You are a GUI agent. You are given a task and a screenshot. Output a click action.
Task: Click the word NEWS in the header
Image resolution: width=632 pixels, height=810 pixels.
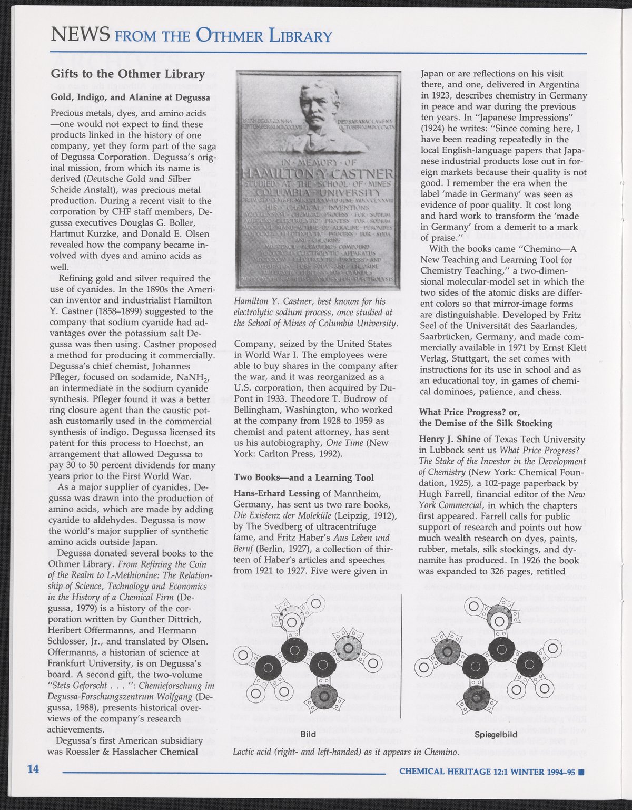click(80, 35)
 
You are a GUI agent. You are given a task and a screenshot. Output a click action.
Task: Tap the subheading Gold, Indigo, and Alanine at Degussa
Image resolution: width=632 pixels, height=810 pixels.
click(130, 97)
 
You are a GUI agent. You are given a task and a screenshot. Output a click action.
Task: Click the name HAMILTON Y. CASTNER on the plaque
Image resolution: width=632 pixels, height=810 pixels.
click(316, 173)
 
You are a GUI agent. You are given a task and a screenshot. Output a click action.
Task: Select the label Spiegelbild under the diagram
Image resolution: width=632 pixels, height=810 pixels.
click(496, 734)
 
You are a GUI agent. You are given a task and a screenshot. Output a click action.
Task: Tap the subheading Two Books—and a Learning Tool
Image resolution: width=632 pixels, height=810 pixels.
click(304, 477)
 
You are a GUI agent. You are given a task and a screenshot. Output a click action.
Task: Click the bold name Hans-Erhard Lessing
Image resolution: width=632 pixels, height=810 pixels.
click(277, 494)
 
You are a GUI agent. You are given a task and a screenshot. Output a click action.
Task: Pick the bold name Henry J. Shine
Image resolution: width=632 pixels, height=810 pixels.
click(449, 438)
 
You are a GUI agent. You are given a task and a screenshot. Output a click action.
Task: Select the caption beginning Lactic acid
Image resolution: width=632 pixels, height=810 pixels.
click(345, 752)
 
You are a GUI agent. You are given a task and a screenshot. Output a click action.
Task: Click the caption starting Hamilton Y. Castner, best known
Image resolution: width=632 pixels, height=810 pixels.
click(315, 312)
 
